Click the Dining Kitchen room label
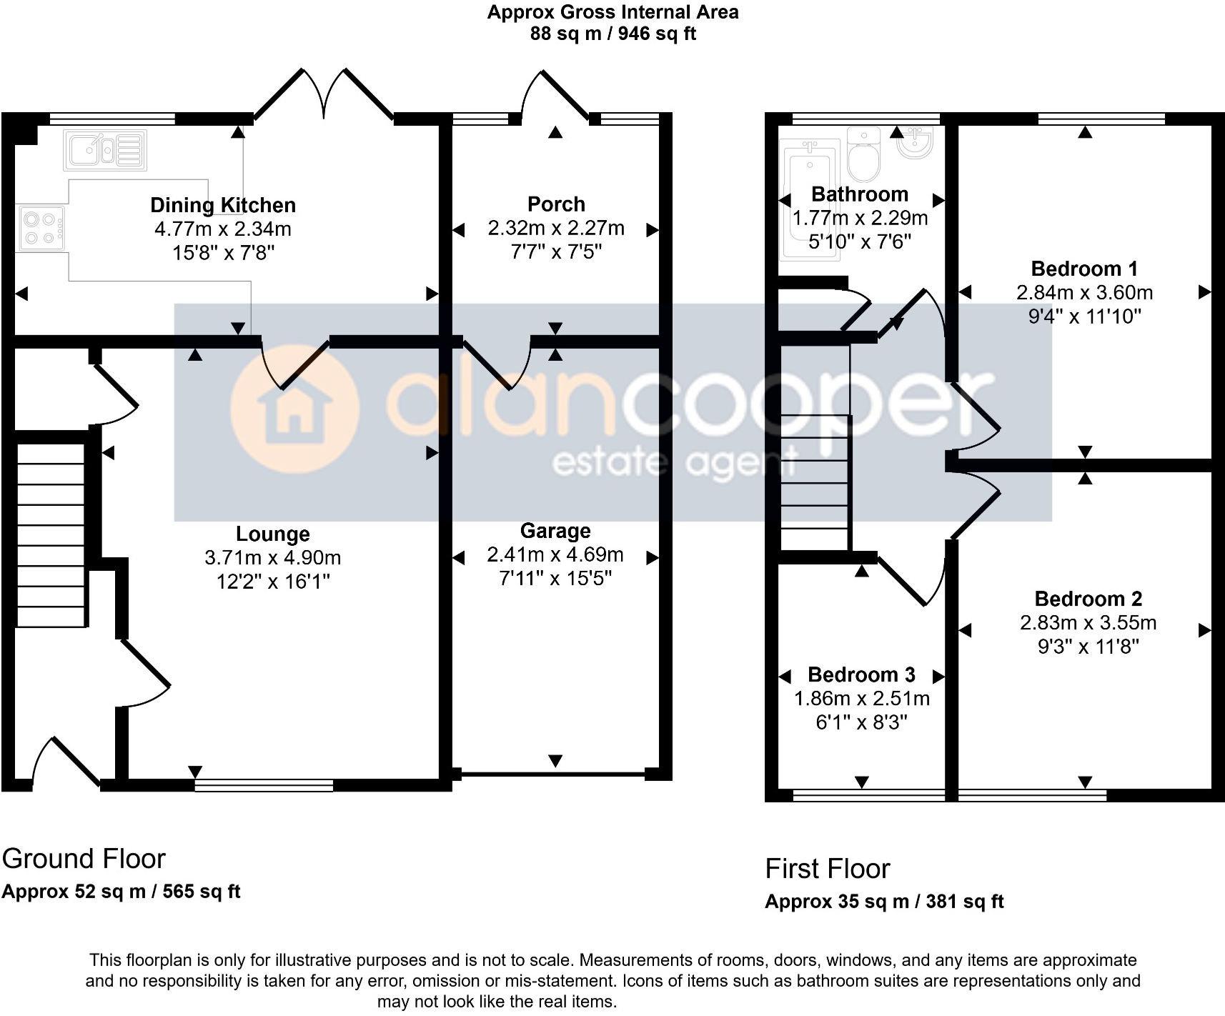pyautogui.click(x=223, y=206)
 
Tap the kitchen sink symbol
pyautogui.click(x=105, y=150)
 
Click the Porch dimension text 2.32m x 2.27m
pyautogui.click(x=556, y=228)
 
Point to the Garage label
pyautogui.click(x=555, y=531)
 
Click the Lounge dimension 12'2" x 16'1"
pyautogui.click(x=273, y=582)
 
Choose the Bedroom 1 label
pyautogui.click(x=1084, y=269)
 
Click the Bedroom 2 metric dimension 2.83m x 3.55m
pyautogui.click(x=1088, y=623)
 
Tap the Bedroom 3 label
pyautogui.click(x=861, y=675)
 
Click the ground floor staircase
pyautogui.click(x=51, y=536)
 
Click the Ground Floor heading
pyautogui.click(x=84, y=859)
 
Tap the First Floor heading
pyautogui.click(x=827, y=869)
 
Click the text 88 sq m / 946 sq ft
pyautogui.click(x=612, y=34)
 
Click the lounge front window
pyautogui.click(x=264, y=786)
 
